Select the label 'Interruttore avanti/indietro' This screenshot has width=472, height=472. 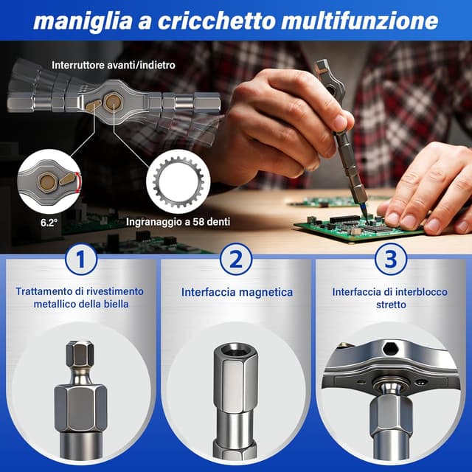tap(113, 64)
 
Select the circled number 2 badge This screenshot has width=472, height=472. tap(236, 260)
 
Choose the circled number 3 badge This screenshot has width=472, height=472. tap(391, 260)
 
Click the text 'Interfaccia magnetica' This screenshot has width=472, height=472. tap(236, 292)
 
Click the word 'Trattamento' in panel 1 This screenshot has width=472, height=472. tap(44, 291)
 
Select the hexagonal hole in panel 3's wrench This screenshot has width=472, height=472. tap(389, 350)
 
